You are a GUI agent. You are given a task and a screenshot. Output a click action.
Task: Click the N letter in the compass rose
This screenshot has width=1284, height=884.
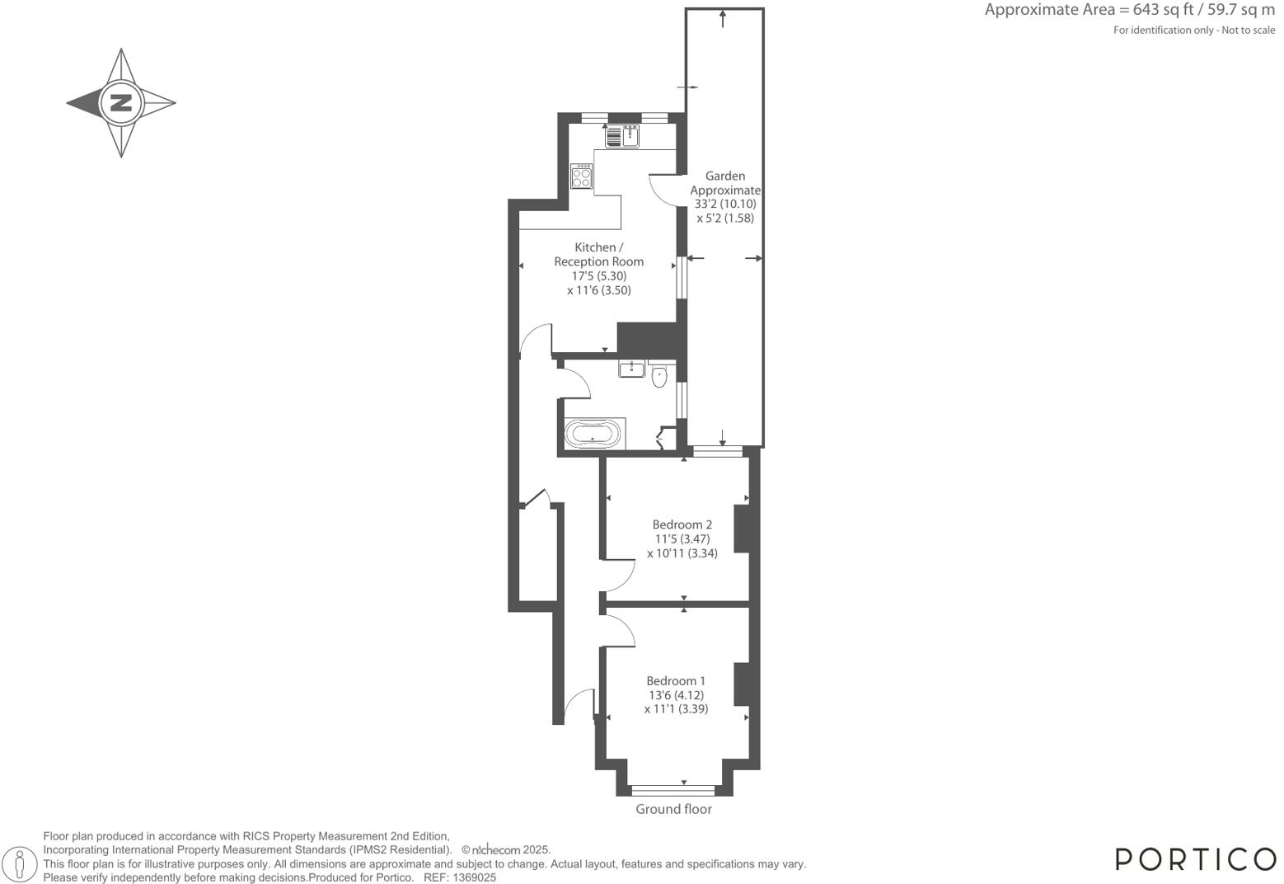coord(121,103)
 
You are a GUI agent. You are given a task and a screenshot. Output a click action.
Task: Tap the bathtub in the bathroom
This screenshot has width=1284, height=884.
coord(594,434)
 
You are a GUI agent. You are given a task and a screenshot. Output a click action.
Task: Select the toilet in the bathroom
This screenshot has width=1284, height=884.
coord(658,377)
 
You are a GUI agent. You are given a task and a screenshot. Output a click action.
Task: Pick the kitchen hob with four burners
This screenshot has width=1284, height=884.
coord(582,176)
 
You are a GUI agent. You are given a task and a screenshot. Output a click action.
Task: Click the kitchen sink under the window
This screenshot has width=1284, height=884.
coord(623,135)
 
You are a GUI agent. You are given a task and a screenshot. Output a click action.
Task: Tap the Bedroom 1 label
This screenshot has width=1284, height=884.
coord(676,680)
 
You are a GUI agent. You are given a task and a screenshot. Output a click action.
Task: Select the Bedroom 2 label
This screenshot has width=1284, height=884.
coord(682,524)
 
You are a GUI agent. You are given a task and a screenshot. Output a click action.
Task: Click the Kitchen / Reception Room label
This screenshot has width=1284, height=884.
coord(598,254)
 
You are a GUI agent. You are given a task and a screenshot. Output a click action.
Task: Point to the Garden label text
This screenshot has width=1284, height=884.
coord(725,176)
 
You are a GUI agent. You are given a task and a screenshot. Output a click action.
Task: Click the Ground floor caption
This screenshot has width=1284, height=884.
coord(673,809)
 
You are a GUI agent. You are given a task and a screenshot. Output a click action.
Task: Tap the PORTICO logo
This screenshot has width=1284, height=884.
coord(1195,858)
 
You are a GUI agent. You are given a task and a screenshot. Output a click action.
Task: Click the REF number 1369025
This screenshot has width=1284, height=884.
coord(472,878)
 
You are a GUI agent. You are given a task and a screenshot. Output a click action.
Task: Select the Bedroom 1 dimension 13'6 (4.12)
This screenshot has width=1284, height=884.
coord(676,695)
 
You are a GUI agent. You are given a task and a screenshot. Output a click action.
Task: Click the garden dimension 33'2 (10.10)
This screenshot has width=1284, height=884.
coord(725,204)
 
